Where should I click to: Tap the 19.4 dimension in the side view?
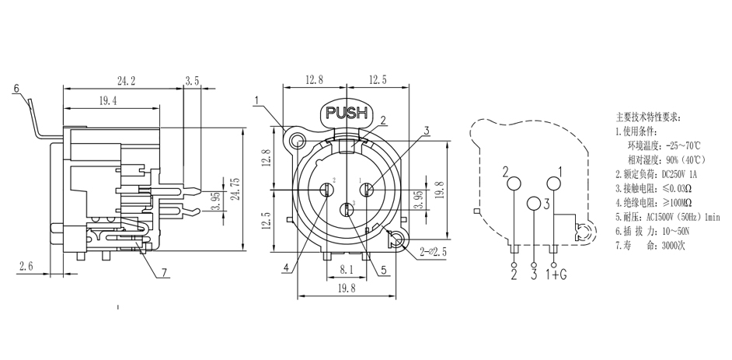109,101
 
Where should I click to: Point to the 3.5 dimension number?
193,80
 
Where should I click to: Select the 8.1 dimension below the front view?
348,269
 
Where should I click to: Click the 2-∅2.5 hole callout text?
434,251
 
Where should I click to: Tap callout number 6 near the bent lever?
15,89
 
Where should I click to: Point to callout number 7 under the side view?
164,272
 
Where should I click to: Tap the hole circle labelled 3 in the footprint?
534,204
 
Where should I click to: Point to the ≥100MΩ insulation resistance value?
670,202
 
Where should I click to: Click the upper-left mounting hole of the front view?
297,142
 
